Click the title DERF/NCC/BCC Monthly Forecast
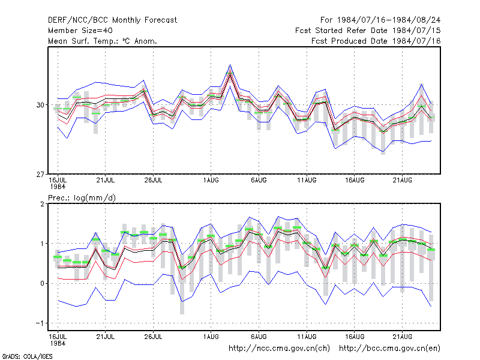point(112,20)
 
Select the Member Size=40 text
point(80,31)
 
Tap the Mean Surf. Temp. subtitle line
point(102,41)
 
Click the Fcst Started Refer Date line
point(368,31)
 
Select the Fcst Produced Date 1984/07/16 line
point(376,41)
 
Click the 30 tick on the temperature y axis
point(40,105)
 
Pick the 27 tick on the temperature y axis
point(40,175)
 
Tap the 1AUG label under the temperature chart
point(211,181)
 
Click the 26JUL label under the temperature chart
point(153,181)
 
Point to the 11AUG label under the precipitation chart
point(307,337)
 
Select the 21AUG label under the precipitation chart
point(402,337)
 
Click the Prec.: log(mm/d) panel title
point(82,198)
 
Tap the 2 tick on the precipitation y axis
point(42,204)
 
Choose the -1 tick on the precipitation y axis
point(40,323)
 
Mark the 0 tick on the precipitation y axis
point(42,283)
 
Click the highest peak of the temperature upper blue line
point(230,65)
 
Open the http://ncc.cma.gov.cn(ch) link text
point(279,349)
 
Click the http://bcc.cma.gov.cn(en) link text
point(389,349)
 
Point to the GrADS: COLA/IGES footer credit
point(27,356)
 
